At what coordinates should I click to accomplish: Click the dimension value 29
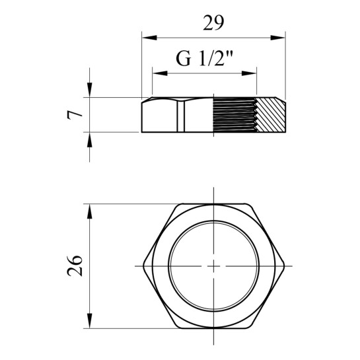[213, 23]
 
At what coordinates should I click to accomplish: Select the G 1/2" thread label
[204, 59]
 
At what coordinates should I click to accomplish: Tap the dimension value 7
[75, 115]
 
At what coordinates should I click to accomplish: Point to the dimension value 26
[75, 266]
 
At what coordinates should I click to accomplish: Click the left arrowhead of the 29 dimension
[149, 38]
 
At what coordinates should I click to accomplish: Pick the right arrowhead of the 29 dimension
[278, 38]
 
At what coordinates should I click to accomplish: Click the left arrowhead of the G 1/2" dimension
[160, 73]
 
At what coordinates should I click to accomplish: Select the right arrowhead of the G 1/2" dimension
[249, 73]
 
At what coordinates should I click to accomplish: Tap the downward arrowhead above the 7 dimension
[90, 90]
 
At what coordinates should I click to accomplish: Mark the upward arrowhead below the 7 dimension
[90, 140]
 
